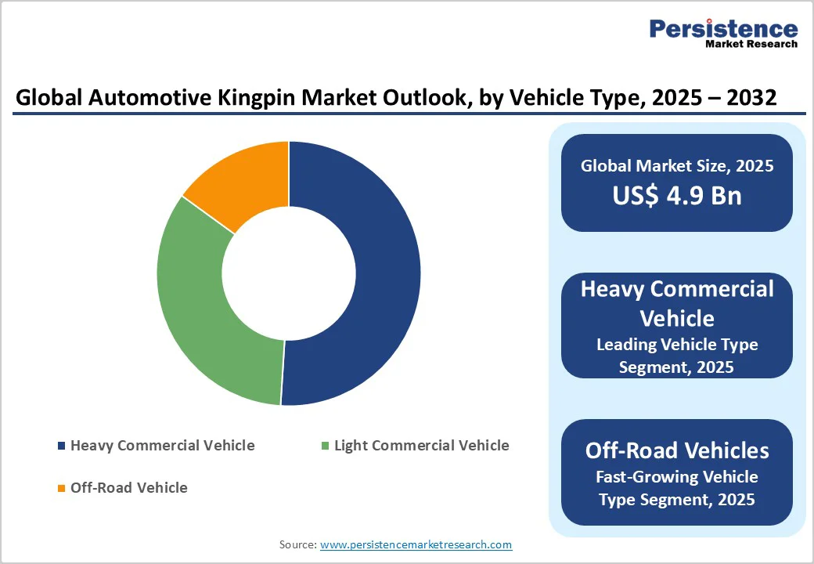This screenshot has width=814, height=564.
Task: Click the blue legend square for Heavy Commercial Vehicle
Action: [62, 446]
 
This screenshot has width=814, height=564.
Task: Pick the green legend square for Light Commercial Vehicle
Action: [325, 446]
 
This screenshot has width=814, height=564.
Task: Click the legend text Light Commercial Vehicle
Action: [421, 446]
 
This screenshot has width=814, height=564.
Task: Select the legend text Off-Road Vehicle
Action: [129, 488]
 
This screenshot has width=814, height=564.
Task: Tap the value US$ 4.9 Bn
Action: [677, 195]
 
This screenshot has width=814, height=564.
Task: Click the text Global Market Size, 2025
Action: [677, 166]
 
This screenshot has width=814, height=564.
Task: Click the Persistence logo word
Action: [723, 28]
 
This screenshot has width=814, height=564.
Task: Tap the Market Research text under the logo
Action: [751, 45]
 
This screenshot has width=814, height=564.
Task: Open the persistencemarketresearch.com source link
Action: [416, 544]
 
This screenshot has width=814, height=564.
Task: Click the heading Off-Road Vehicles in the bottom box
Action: [677, 450]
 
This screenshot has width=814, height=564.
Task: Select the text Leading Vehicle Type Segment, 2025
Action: [677, 356]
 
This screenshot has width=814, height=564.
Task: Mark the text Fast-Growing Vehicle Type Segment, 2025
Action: [677, 488]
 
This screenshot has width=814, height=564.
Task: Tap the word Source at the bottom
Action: [297, 544]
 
